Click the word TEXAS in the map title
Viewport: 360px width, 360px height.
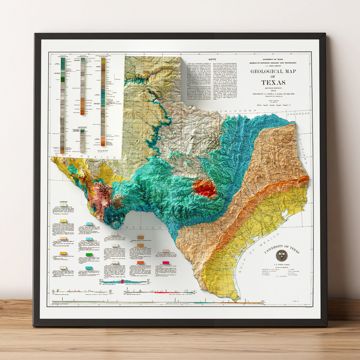coord(273,82)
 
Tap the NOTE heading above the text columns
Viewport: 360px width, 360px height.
coord(212,59)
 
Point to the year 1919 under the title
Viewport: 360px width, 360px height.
coord(273,91)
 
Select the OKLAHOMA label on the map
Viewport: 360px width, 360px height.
coord(236,111)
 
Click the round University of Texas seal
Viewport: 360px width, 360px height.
coord(281,255)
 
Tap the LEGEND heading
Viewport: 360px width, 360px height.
coord(63,202)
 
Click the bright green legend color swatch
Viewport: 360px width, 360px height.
coord(89,255)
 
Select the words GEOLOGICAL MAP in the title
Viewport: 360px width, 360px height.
coord(273,71)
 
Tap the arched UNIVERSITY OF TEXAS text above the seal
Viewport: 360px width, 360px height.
coord(282,248)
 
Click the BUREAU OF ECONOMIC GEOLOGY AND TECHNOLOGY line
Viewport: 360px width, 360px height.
coord(273,63)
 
